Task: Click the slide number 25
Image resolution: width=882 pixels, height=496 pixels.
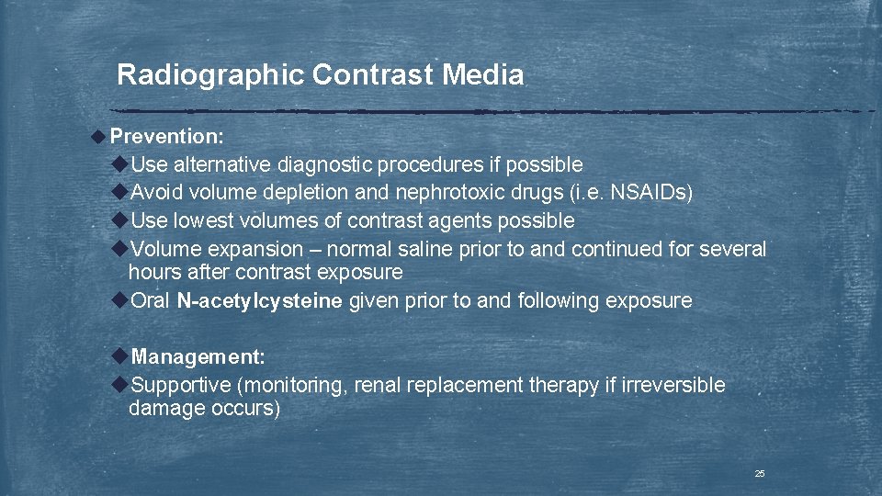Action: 760,474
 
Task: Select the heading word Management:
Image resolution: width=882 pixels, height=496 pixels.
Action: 198,356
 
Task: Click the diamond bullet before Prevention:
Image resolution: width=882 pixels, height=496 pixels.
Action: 98,137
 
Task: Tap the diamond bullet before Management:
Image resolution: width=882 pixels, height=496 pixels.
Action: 119,356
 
